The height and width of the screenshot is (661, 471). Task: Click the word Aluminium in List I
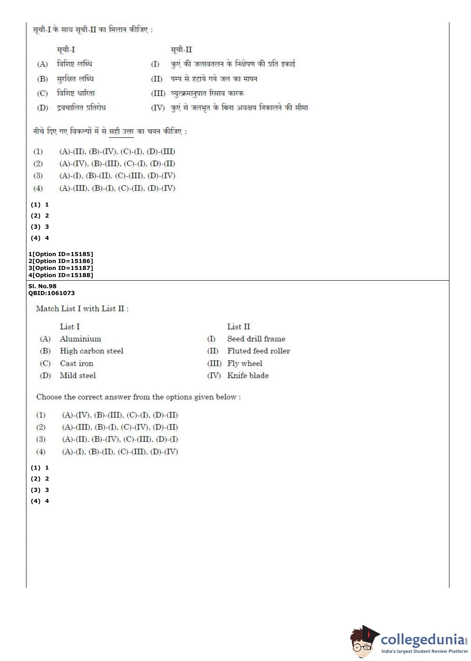(x=80, y=339)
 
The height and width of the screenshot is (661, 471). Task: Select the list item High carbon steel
(x=91, y=351)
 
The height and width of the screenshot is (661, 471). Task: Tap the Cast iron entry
(x=76, y=363)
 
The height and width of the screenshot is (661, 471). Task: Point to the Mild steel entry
(x=78, y=376)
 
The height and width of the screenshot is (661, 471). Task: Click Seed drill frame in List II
(x=256, y=339)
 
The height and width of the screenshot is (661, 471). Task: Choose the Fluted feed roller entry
(x=258, y=351)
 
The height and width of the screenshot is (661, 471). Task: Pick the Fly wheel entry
(x=244, y=363)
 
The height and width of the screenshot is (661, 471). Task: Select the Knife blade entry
(x=248, y=376)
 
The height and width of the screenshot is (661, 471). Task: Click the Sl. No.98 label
(x=42, y=286)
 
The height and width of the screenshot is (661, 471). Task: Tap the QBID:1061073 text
(x=51, y=293)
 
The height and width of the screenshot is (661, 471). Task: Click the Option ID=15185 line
(x=61, y=254)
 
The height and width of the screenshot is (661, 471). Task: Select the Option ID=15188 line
(x=61, y=275)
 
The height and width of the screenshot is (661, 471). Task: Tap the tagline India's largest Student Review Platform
(x=424, y=652)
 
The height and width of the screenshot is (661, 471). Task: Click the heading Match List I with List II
(x=82, y=309)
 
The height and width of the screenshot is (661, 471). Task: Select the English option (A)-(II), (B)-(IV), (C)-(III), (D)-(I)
(x=120, y=439)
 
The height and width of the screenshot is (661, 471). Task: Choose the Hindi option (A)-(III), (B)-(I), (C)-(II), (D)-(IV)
(x=117, y=189)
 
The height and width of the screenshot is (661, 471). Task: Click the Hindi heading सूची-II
(x=181, y=50)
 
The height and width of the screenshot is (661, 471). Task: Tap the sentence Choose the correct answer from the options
(x=138, y=397)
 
